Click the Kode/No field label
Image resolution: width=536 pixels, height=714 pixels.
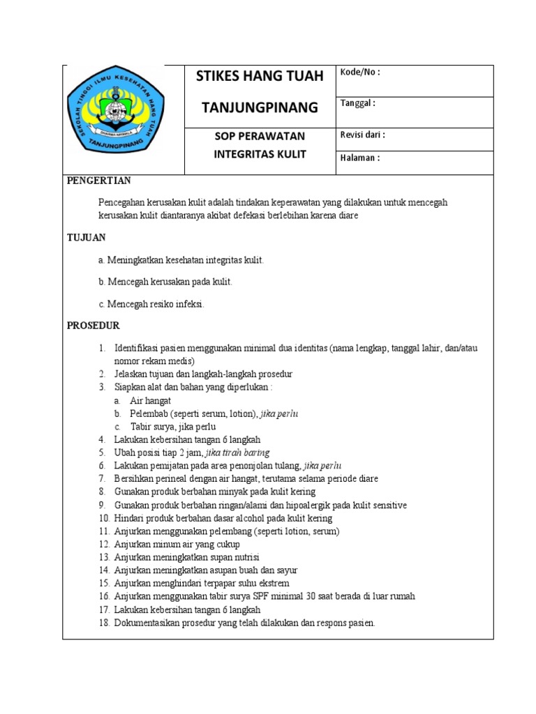coord(359,73)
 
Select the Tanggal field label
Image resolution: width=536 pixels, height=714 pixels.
coord(357,103)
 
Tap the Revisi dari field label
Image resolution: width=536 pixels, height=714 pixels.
coord(362,135)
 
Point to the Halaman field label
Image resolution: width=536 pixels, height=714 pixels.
coord(359,158)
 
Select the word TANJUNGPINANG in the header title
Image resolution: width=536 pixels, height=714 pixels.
coord(260,107)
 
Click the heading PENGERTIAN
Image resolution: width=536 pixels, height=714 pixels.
coord(98,181)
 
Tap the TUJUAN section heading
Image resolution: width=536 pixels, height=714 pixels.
coord(86,237)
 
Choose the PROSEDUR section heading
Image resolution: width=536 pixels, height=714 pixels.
coord(93,326)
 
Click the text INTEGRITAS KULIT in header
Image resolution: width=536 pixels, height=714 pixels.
coord(260,154)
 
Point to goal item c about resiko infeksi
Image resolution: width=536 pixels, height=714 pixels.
coord(151,304)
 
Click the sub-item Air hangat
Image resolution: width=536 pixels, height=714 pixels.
coord(150,401)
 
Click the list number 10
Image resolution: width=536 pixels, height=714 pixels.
coord(104,518)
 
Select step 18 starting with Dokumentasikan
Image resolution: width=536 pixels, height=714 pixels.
coord(244,623)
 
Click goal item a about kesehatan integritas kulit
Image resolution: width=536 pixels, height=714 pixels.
coord(181,260)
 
